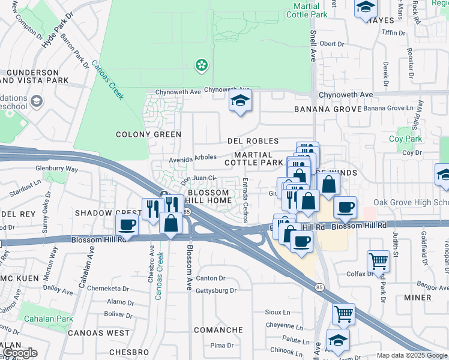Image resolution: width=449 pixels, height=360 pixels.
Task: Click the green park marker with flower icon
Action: (x=202, y=64)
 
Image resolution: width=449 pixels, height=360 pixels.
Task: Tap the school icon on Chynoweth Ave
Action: (x=240, y=102)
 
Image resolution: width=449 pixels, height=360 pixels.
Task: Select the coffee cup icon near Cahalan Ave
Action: (x=127, y=225)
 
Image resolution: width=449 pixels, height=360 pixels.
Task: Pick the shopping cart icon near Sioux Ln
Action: (x=343, y=313)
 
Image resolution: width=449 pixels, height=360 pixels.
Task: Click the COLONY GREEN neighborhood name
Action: (x=148, y=134)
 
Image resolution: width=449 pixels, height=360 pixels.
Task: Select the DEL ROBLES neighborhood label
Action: (x=253, y=141)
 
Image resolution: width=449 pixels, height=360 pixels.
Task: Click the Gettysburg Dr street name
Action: (x=216, y=290)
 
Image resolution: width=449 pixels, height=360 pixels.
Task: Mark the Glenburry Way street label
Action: (x=57, y=169)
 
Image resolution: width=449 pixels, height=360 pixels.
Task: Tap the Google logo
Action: (x=19, y=353)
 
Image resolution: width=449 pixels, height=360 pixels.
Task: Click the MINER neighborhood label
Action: (x=418, y=297)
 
